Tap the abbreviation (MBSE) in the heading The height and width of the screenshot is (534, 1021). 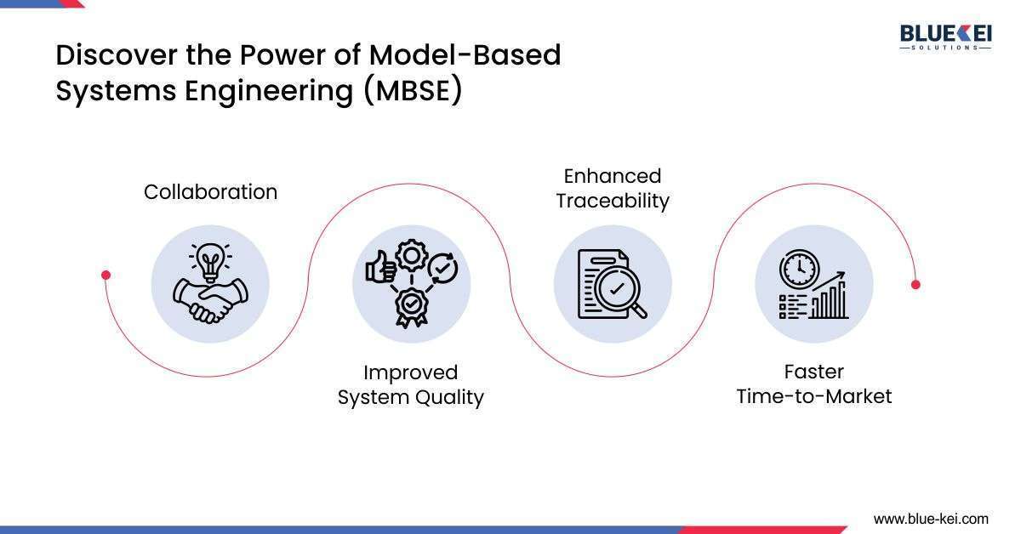point(413,90)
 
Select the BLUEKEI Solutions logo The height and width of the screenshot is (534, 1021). point(945,37)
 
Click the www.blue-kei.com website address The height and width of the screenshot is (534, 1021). point(931,518)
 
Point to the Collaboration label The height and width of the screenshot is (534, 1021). point(210,192)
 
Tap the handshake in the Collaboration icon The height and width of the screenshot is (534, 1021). point(209,300)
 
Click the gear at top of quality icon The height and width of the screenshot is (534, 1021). point(412,255)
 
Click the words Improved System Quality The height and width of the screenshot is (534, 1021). point(411,385)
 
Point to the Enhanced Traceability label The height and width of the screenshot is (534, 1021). point(613,188)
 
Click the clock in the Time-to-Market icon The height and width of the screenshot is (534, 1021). point(797,269)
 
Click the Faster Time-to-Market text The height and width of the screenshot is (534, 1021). point(813,384)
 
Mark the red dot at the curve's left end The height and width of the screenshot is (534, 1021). point(106,275)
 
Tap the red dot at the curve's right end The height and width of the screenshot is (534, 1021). point(915,284)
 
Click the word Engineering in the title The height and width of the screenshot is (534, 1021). point(271,90)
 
